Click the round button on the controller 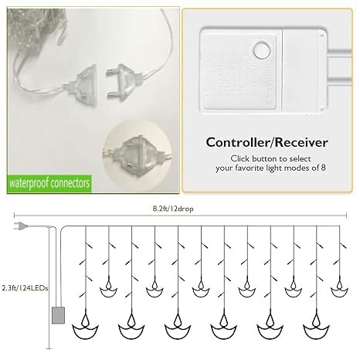[x=262, y=50]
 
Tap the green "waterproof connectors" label [x=49, y=184]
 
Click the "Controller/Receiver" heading [x=267, y=142]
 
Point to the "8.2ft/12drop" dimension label [x=173, y=209]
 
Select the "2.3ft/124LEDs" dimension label [x=25, y=288]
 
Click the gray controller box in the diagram [x=58, y=315]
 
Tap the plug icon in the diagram [x=21, y=226]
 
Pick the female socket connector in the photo [x=83, y=83]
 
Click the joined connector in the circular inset [x=138, y=155]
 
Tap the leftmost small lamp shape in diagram [x=108, y=287]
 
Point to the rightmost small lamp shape [x=339, y=287]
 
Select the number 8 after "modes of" [x=323, y=168]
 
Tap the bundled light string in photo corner [x=36, y=29]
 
